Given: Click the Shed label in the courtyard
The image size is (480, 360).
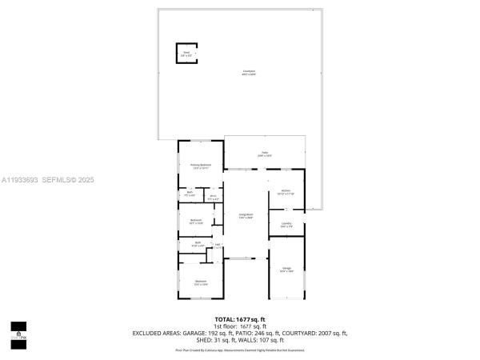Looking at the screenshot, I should (x=186, y=54).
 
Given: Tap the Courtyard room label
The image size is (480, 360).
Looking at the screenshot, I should (x=249, y=73).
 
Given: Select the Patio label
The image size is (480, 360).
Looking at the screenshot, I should (x=265, y=154).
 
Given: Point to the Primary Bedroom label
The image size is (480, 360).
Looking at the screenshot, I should (x=201, y=166).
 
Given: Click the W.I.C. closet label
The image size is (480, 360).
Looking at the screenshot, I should (x=214, y=198).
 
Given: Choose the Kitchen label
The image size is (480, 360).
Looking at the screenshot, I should (x=286, y=192).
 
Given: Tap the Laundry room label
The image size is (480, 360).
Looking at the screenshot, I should (x=286, y=225).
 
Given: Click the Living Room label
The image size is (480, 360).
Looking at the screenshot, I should (x=246, y=216).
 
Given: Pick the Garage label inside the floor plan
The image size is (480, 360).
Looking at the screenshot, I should (x=286, y=269).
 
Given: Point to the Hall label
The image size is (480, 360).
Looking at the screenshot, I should (x=218, y=246).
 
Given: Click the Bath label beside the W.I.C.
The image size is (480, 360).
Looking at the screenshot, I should (x=190, y=194).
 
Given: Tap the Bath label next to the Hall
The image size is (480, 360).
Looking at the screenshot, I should (x=198, y=244).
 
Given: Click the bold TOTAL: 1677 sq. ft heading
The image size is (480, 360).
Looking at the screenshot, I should (x=240, y=319).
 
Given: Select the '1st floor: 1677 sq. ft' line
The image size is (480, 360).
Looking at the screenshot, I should (x=240, y=326).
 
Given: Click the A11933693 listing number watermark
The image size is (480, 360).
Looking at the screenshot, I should (x=19, y=181).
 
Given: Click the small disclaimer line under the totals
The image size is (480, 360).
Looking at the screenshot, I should (x=240, y=350).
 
